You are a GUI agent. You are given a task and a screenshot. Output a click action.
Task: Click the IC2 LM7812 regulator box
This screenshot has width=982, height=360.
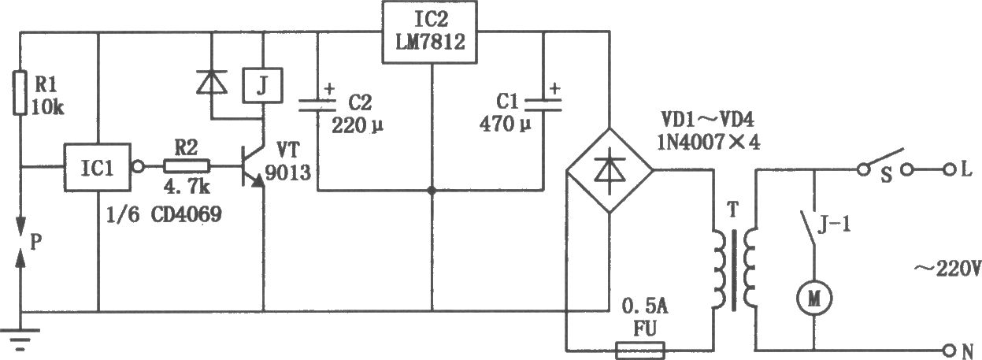[x=430, y=32]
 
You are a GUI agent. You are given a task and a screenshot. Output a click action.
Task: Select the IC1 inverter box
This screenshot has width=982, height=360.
[x=98, y=168]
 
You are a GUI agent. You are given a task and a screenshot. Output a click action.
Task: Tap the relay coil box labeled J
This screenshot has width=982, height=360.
[x=262, y=86]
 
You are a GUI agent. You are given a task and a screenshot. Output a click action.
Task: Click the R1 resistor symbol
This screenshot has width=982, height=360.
[x=20, y=93]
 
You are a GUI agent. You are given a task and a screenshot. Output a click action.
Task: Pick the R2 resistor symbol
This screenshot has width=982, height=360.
[x=187, y=167]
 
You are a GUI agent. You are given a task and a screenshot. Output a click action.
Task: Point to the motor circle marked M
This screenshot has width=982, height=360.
[x=814, y=299]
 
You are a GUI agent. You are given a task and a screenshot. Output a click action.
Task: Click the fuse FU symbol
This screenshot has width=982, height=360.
[x=640, y=351]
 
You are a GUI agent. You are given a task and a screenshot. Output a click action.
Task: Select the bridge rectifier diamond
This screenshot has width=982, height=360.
[x=609, y=170]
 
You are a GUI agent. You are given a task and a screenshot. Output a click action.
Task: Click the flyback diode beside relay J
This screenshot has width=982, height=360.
[x=212, y=82]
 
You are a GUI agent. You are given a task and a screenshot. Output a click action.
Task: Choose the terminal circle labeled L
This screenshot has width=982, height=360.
[x=949, y=169]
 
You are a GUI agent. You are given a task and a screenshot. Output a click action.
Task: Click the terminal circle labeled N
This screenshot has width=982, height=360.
[x=949, y=351]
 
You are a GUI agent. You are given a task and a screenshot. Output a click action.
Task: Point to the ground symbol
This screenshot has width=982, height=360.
[x=20, y=340]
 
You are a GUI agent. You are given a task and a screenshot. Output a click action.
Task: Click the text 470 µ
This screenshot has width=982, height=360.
[x=505, y=124]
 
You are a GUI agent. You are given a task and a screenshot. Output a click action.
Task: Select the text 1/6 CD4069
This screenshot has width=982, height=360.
[x=164, y=215]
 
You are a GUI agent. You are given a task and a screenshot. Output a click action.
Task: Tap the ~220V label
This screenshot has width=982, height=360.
[x=947, y=269]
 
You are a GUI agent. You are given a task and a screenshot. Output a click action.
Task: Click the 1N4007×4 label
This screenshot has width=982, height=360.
[x=709, y=142]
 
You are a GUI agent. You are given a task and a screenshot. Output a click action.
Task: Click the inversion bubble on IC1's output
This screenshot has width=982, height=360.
[x=138, y=167]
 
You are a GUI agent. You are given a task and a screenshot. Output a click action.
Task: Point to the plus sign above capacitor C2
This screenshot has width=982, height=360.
[x=329, y=89]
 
